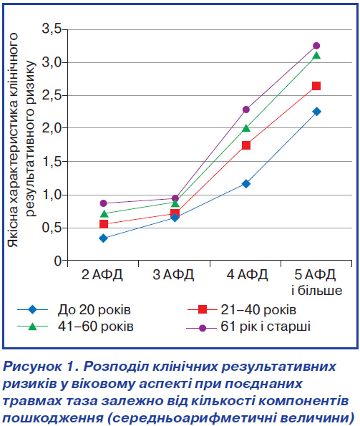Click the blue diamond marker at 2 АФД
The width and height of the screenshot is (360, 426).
(104, 238)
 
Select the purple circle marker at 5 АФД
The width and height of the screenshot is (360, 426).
(316, 45)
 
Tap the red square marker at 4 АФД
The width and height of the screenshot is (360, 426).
(246, 145)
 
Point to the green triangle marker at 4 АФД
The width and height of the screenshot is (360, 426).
(246, 127)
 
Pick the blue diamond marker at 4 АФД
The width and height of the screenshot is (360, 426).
(246, 184)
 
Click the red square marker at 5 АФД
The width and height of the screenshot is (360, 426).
(316, 86)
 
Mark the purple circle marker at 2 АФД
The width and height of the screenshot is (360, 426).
(104, 203)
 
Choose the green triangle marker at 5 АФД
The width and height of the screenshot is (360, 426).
(316, 55)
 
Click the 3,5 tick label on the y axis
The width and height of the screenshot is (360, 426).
(52, 29)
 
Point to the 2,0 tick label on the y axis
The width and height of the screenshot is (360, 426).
(52, 128)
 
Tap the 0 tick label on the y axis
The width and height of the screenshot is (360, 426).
(58, 261)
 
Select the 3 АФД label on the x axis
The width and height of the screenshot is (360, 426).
(173, 275)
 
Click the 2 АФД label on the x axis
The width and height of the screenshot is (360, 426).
(102, 275)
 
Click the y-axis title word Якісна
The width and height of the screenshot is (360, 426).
(13, 226)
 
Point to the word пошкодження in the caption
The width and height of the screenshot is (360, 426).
(53, 417)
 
